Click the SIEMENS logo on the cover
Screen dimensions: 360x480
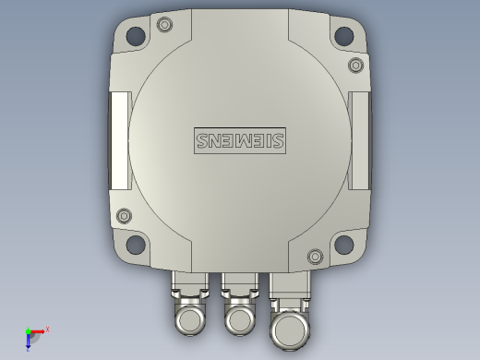240,139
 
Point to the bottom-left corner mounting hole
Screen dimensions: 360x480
136,245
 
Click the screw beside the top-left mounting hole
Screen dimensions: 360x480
165,24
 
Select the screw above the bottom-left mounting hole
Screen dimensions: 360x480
124,216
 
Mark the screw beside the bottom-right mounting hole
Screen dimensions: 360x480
315,256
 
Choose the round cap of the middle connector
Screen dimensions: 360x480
240,320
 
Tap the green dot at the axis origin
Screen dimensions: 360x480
28,331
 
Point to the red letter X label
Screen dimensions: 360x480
47,329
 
